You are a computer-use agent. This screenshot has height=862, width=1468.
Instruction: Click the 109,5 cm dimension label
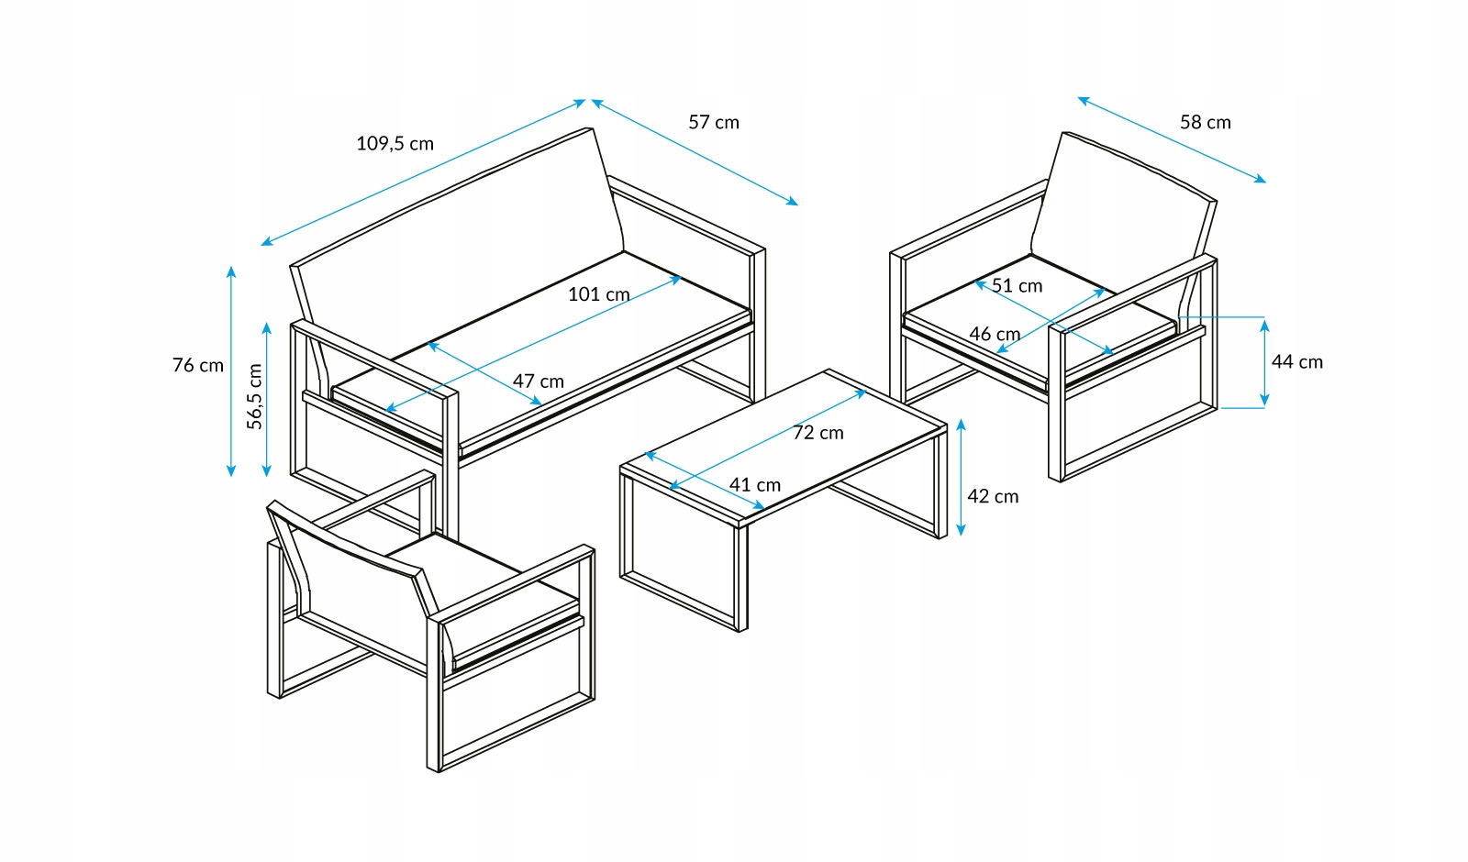[395, 143]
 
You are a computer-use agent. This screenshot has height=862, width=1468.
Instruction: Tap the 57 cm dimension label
[714, 122]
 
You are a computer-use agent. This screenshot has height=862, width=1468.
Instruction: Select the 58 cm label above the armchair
[1205, 122]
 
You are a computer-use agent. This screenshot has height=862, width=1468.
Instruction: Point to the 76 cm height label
[198, 365]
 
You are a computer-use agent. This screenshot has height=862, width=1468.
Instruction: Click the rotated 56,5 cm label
[254, 396]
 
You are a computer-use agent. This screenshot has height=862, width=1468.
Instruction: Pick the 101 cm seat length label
[598, 294]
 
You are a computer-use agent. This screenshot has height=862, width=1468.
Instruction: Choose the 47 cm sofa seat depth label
[538, 381]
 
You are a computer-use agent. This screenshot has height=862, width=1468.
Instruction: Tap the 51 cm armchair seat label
[1017, 285]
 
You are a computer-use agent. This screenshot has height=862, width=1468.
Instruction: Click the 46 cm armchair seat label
[995, 334]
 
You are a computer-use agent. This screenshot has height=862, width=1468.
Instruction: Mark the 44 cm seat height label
[1296, 362]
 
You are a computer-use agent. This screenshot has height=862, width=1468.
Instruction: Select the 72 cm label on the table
[817, 432]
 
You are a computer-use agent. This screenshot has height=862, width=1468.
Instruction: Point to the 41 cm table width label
[755, 484]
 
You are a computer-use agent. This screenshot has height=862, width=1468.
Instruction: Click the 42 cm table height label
[993, 496]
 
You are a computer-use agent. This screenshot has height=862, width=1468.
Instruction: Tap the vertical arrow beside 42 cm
[961, 477]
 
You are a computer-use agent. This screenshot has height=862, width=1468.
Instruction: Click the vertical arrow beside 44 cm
[1264, 362]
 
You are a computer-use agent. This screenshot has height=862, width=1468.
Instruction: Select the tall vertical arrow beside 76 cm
[231, 371]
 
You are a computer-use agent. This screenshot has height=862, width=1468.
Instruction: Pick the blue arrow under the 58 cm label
[1172, 139]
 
